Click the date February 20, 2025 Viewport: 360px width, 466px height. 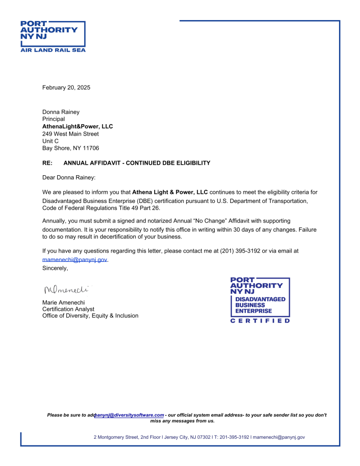click(66, 87)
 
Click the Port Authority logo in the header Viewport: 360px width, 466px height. click(53, 36)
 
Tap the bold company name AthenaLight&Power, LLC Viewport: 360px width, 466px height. click(77, 127)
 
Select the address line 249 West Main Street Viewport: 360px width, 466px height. click(71, 134)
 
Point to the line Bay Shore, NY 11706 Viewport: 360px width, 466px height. click(71, 148)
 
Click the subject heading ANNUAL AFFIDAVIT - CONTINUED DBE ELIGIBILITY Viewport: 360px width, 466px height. click(137, 163)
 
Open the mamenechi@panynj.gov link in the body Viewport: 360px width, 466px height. click(75, 259)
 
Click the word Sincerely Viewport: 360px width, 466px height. click(55, 268)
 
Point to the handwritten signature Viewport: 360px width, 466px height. click(65, 289)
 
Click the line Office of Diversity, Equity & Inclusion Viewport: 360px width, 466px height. click(90, 316)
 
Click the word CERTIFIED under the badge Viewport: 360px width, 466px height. click(260, 321)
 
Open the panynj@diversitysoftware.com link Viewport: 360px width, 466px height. click(129, 415)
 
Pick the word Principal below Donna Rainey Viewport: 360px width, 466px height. click(54, 119)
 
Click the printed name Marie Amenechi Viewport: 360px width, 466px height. click(63, 302)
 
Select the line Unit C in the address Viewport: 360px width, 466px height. click(51, 141)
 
